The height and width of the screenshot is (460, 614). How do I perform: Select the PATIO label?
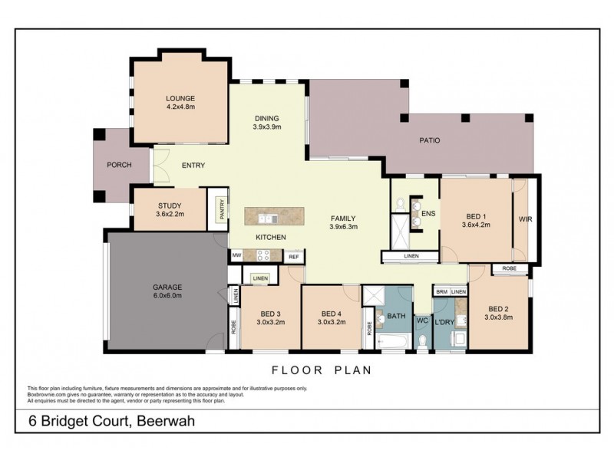[x=429, y=140]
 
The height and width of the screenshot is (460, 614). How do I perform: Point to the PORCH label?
[x=118, y=165]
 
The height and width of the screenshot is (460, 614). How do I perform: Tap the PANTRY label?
[x=221, y=210]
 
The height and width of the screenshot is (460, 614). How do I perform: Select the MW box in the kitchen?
[x=237, y=256]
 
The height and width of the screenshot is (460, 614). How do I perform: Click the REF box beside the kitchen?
[x=294, y=257]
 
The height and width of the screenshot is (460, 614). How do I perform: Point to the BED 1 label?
[x=476, y=219]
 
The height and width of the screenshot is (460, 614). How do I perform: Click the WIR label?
[x=526, y=219]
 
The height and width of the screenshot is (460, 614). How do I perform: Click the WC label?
[x=422, y=322]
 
